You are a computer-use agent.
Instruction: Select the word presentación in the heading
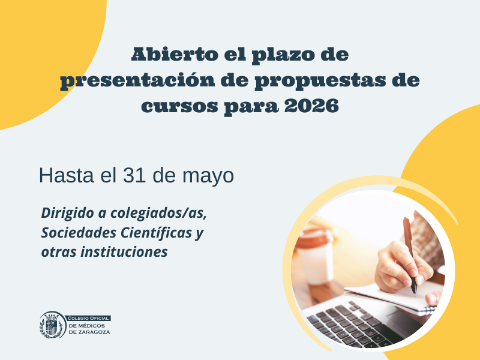(x=137, y=81)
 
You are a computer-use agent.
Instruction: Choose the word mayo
(x=208, y=176)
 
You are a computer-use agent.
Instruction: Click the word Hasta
(x=67, y=175)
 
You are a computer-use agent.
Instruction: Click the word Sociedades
(x=83, y=233)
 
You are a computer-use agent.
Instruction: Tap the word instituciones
(x=124, y=252)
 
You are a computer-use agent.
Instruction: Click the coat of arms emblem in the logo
(x=52, y=325)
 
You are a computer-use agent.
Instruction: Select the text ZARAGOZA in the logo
(x=94, y=332)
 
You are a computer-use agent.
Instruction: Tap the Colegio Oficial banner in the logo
(x=88, y=319)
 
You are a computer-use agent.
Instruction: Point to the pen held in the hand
(x=410, y=254)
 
